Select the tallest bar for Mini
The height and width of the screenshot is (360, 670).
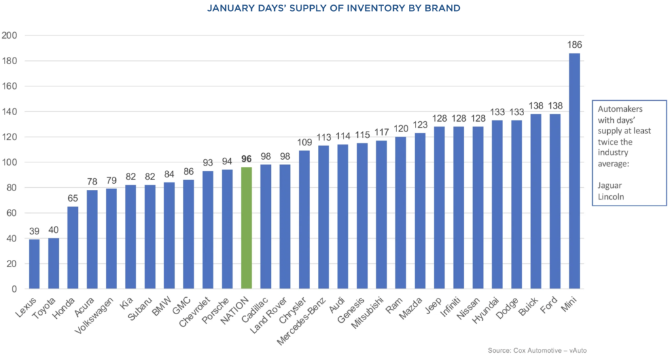pyautogui.click(x=574, y=171)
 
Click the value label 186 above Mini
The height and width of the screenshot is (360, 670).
pyautogui.click(x=574, y=45)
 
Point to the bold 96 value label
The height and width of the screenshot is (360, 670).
pyautogui.click(x=247, y=159)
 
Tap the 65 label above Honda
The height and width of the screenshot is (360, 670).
pyautogui.click(x=73, y=198)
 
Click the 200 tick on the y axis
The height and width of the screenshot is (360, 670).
pyautogui.click(x=12, y=35)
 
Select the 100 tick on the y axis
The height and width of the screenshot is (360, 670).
pyautogui.click(x=12, y=162)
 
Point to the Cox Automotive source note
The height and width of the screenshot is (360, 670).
pyautogui.click(x=537, y=350)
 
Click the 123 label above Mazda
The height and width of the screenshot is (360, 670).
pyautogui.click(x=420, y=125)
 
